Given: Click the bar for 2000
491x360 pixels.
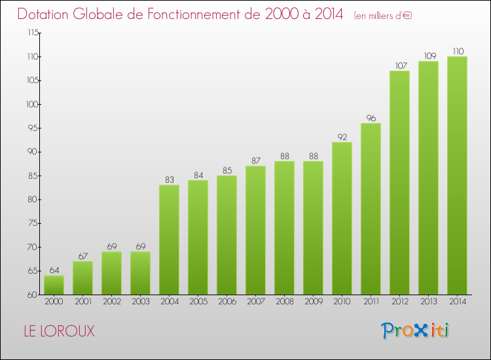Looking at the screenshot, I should point(54,285).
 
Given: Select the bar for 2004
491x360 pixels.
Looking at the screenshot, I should point(169,240).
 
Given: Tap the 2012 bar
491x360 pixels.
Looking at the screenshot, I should point(399,183).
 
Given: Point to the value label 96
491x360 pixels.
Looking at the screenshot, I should point(371,118).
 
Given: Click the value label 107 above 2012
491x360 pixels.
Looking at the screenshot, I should point(399,66).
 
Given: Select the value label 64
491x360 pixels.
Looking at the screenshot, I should point(54,270).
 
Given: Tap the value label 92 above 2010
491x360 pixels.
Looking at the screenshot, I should point(342,137).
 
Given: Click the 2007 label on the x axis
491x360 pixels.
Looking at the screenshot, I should point(255,302).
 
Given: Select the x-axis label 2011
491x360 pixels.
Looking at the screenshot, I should point(371,302).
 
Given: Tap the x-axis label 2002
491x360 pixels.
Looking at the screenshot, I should point(111,302).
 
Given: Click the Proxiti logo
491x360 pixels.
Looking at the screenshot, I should point(416,331).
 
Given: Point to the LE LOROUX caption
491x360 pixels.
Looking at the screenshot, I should point(58,332).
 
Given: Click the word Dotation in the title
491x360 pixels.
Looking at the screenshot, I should point(45,14).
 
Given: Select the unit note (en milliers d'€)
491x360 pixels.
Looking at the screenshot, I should point(383,16).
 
